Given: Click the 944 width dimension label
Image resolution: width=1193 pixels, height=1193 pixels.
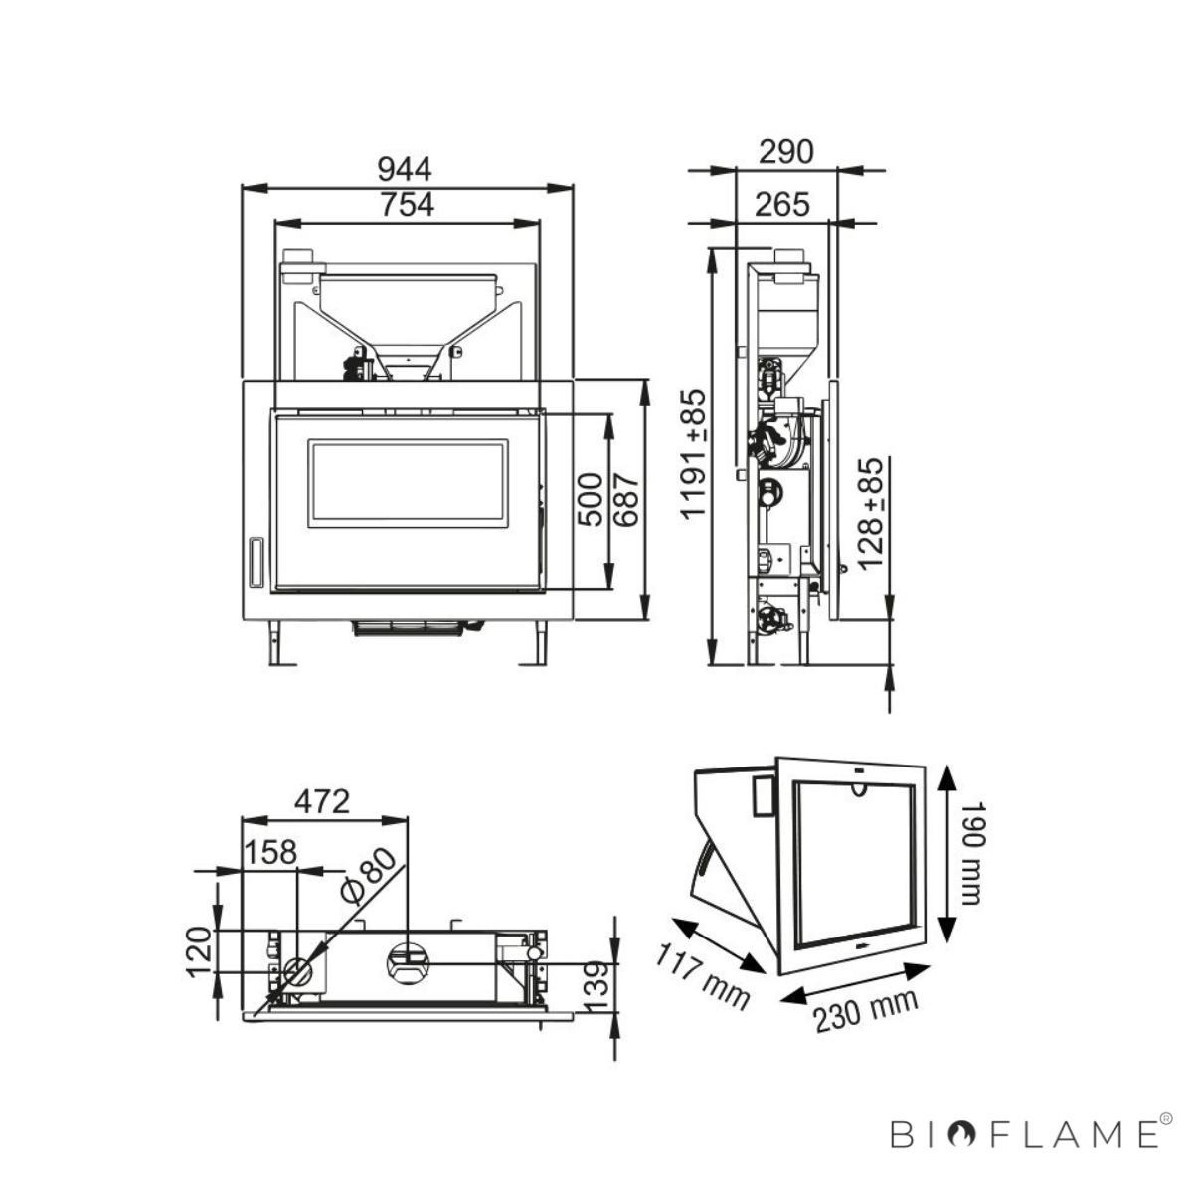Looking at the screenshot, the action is (405, 169).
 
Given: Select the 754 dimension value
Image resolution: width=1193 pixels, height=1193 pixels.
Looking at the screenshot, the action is (407, 205).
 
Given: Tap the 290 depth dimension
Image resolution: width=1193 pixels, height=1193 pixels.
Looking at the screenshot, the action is (785, 152).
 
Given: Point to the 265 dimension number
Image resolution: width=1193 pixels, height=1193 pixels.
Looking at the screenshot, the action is (782, 205).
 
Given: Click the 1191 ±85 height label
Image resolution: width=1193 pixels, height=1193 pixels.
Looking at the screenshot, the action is (693, 452).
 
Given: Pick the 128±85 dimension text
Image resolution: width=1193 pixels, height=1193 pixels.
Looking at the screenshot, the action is (870, 513).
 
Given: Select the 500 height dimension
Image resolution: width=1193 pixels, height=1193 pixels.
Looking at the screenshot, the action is (592, 499).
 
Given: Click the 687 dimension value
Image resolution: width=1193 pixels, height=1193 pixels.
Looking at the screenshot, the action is (626, 499).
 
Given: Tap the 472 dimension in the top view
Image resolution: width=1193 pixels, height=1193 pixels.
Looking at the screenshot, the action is (322, 802).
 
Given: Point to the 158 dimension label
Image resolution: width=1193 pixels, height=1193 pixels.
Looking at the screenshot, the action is (270, 852).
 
